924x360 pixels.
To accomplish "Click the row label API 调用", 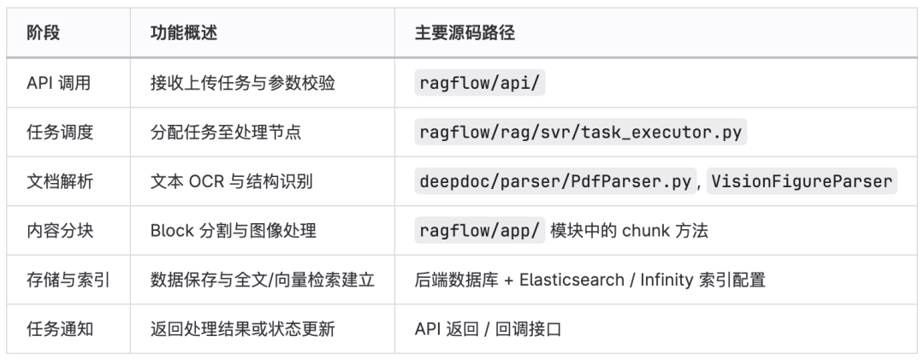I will pyautogui.click(x=58, y=82).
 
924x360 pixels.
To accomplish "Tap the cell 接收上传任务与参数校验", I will pyautogui.click(x=242, y=82).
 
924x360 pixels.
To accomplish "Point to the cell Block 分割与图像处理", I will pyautogui.click(x=234, y=230).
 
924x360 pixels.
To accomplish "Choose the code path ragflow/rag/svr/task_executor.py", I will pyautogui.click(x=580, y=132).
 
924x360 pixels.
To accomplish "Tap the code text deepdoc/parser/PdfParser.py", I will pyautogui.click(x=554, y=180).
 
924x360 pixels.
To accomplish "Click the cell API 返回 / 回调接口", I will pyautogui.click(x=488, y=328).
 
